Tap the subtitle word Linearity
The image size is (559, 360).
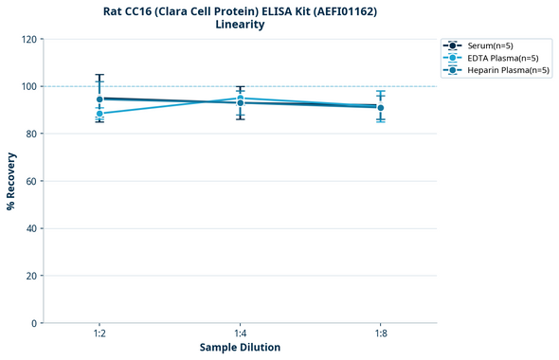tap(240, 25)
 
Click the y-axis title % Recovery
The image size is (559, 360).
tap(11, 181)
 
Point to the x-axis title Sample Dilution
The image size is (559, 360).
tap(240, 348)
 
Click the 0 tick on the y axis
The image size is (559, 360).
tap(33, 323)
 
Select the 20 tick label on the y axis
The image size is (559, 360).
tap(30, 276)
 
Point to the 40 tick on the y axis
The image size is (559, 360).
tap(30, 228)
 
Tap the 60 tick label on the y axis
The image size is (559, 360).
tap(30, 181)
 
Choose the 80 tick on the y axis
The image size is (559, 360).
tap(30, 134)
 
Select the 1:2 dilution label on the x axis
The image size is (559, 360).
tap(99, 333)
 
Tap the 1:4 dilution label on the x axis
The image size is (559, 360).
tap(240, 333)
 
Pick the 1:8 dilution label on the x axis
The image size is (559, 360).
tap(380, 333)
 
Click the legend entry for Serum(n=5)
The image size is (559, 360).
tap(490, 45)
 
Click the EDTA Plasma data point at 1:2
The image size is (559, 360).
tap(99, 114)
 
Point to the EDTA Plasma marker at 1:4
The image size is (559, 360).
tap(240, 99)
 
